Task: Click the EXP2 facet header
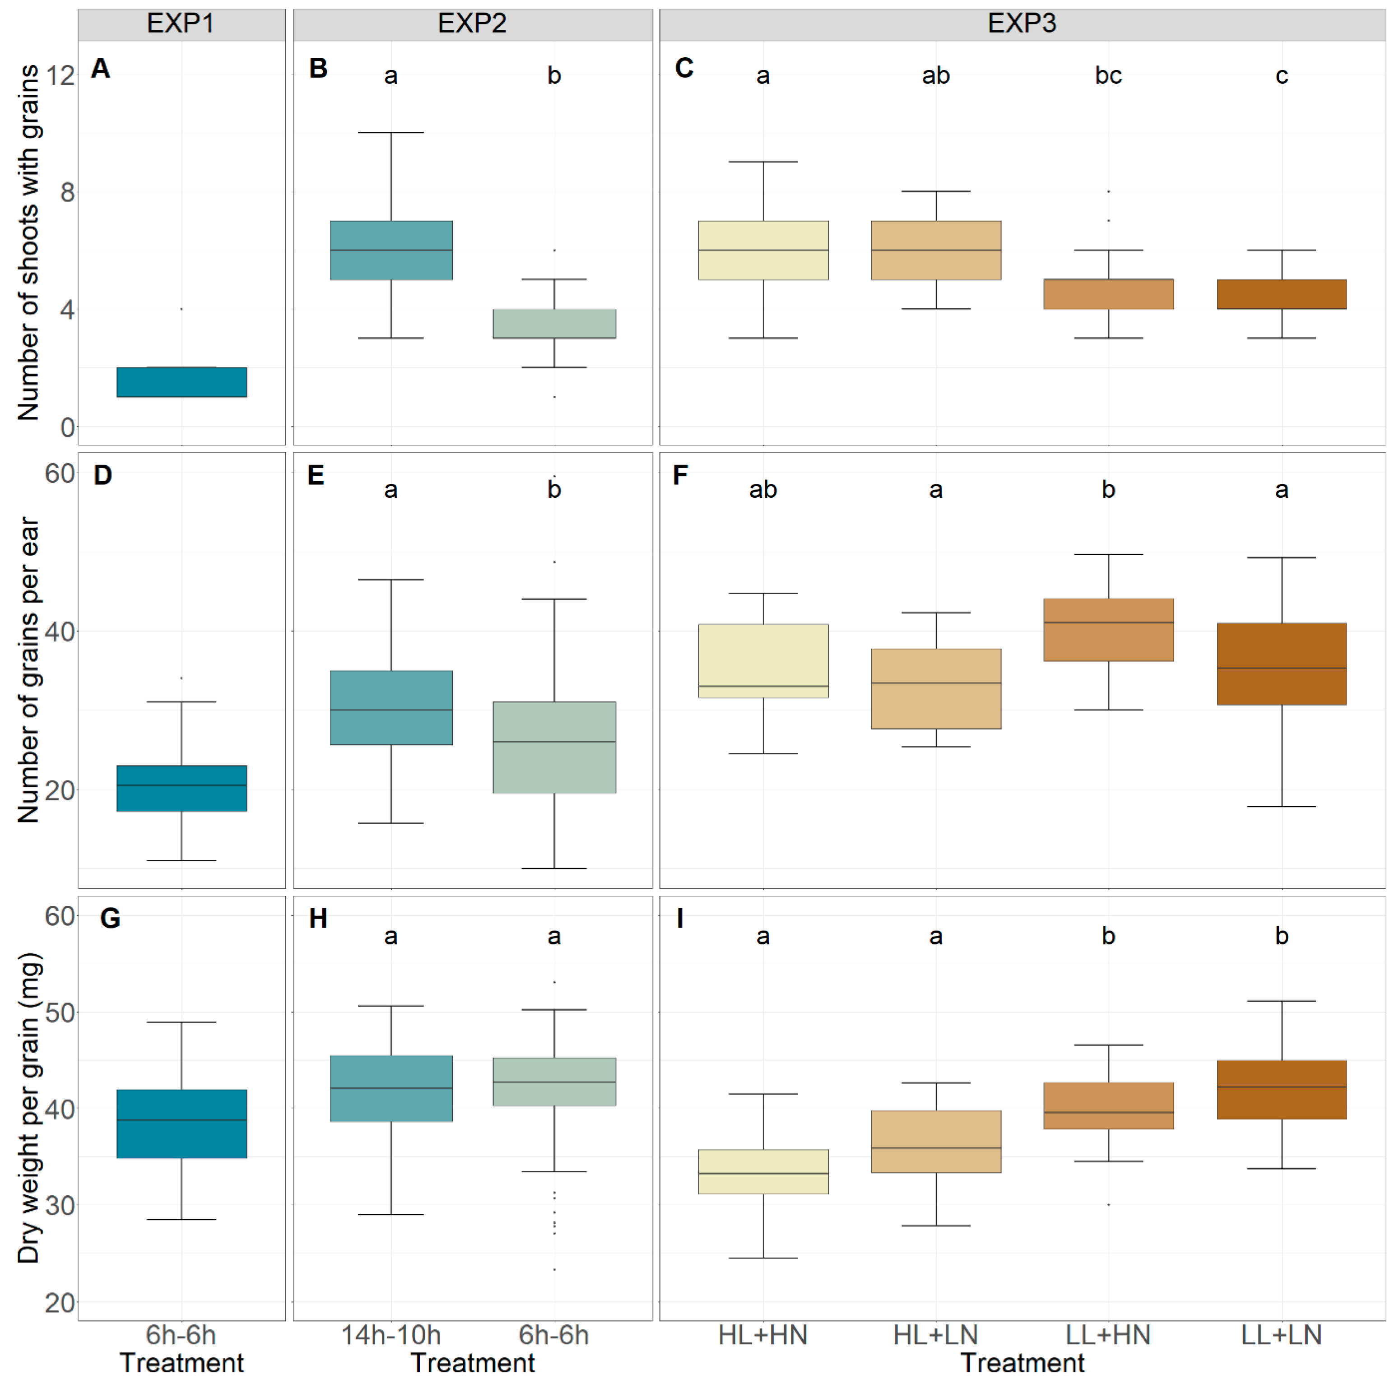[x=472, y=24]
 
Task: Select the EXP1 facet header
[x=181, y=24]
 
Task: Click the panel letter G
[x=110, y=918]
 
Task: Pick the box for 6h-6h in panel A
[x=182, y=382]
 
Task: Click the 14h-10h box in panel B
[x=391, y=251]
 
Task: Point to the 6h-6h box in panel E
[x=554, y=748]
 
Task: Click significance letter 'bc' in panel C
[x=1108, y=75]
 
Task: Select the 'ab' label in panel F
[x=763, y=490]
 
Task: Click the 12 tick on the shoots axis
[x=60, y=75]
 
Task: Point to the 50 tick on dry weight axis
[x=60, y=1012]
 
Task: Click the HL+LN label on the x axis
[x=935, y=1335]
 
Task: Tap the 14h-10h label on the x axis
[x=391, y=1335]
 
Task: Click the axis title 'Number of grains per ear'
[x=29, y=670]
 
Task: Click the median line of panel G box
[x=182, y=1120]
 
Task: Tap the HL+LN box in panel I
[x=935, y=1142]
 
